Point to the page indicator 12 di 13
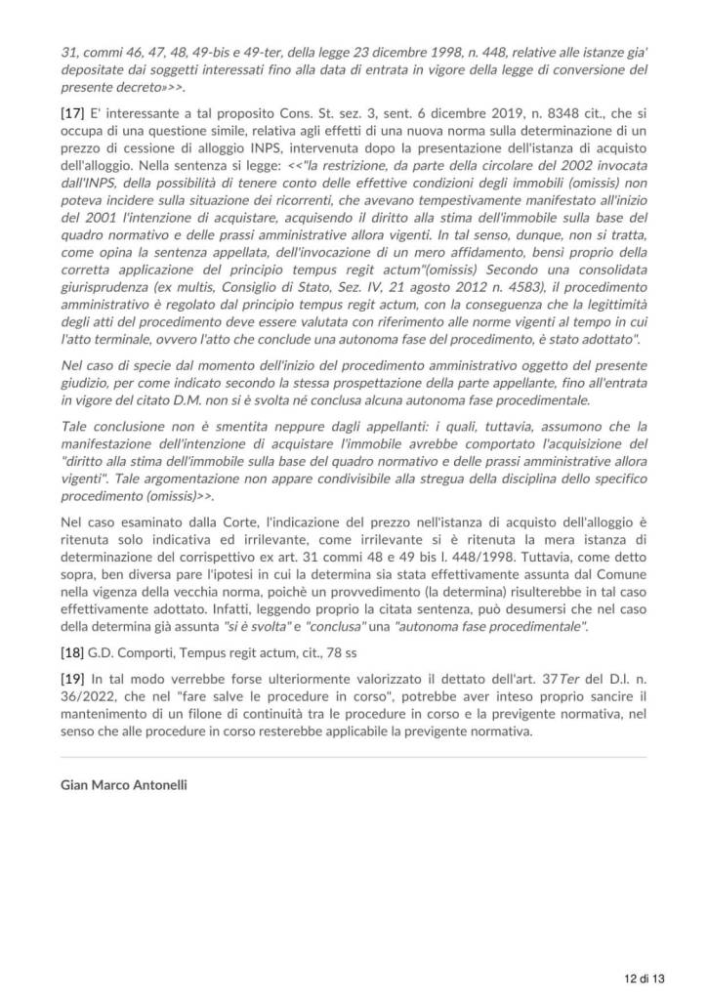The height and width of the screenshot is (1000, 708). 646,978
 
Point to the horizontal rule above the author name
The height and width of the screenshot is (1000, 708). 354,757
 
